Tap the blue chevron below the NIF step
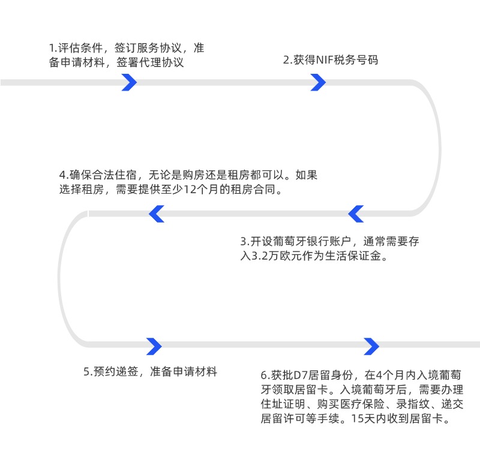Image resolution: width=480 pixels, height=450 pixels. click(318, 82)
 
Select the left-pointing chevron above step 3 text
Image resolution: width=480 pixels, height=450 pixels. click(356, 213)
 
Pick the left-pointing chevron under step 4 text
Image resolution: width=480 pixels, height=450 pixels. click(157, 213)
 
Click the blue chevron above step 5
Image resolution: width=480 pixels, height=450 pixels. click(154, 346)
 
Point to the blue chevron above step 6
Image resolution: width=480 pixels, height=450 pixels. click(371, 346)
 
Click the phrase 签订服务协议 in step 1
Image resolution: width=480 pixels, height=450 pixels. click(151, 47)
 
